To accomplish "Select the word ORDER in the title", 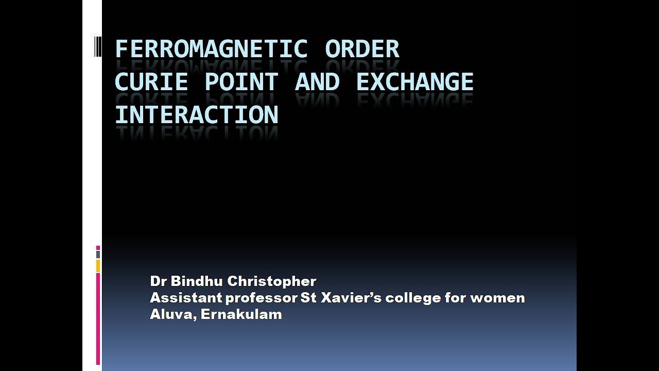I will [x=362, y=49].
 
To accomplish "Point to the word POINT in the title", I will [x=241, y=82].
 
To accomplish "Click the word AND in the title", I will [x=317, y=82].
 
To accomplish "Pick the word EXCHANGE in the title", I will [x=414, y=82].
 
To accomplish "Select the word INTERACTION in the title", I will [x=196, y=115].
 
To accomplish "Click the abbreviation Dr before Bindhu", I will [x=158, y=281].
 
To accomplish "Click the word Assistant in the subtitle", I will [x=185, y=298].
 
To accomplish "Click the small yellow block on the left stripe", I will [x=98, y=266].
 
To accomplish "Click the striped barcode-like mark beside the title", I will [x=98, y=46].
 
